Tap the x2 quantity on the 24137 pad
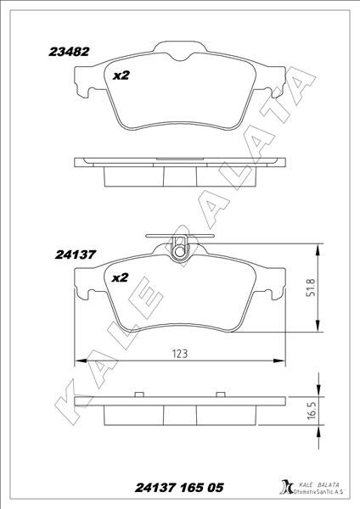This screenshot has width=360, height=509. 120,277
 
